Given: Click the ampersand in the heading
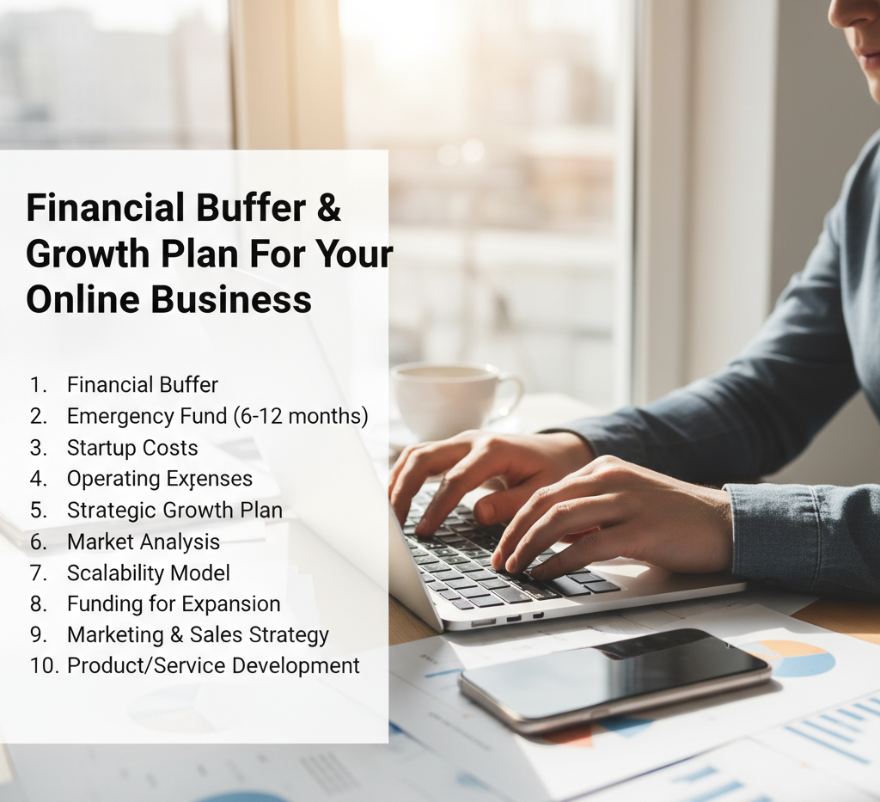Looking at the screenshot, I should pyautogui.click(x=327, y=208).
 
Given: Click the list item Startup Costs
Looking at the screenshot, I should pyautogui.click(x=132, y=448).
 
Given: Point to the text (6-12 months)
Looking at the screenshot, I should pyautogui.click(x=300, y=417).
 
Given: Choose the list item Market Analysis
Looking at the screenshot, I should pyautogui.click(x=144, y=542).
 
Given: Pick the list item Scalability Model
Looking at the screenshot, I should pyautogui.click(x=149, y=572).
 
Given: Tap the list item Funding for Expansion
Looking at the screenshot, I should pyautogui.click(x=174, y=603).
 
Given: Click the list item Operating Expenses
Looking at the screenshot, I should pyautogui.click(x=160, y=479).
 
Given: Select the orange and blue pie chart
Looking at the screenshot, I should pyautogui.click(x=795, y=658).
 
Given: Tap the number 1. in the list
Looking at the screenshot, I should pyautogui.click(x=38, y=386).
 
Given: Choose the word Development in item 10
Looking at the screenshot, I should pyautogui.click(x=296, y=665).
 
